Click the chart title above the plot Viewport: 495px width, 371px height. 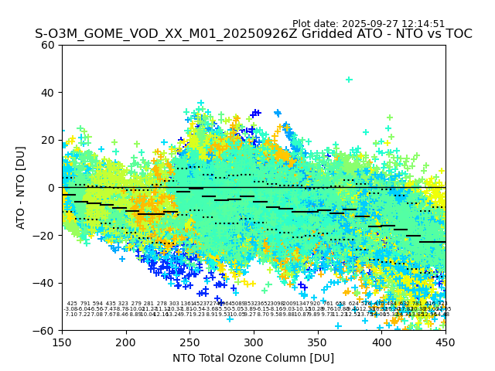point(253,34)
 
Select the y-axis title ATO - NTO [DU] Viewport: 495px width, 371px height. point(21,187)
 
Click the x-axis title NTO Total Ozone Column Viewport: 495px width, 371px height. point(253,358)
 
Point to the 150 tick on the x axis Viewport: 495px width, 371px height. point(62,341)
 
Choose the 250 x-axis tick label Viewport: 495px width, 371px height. point(189,341)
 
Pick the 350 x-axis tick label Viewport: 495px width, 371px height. point(318,341)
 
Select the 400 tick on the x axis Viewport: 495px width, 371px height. point(381,341)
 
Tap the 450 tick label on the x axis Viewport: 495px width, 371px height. point(445,341)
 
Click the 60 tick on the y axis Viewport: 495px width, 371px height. point(48,45)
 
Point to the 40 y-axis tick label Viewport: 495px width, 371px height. point(48,92)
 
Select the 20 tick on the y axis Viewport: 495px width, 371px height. point(48,140)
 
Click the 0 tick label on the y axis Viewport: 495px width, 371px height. point(51,188)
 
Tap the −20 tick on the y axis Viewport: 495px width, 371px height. point(45,235)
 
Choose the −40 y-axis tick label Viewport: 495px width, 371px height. point(45,283)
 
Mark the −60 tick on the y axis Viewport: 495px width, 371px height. point(45,330)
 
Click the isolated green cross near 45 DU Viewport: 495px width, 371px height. point(349,80)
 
